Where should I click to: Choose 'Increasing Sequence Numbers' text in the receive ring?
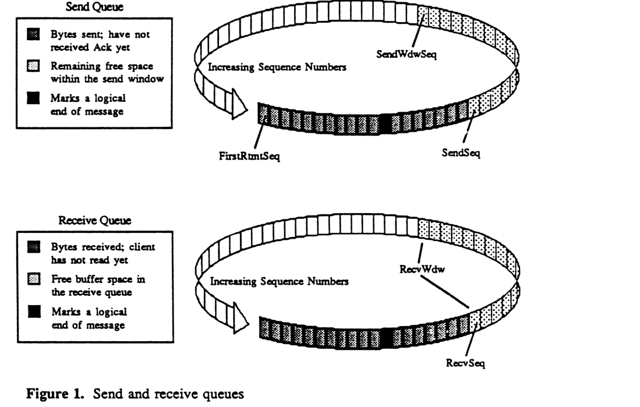pyautogui.click(x=279, y=282)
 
